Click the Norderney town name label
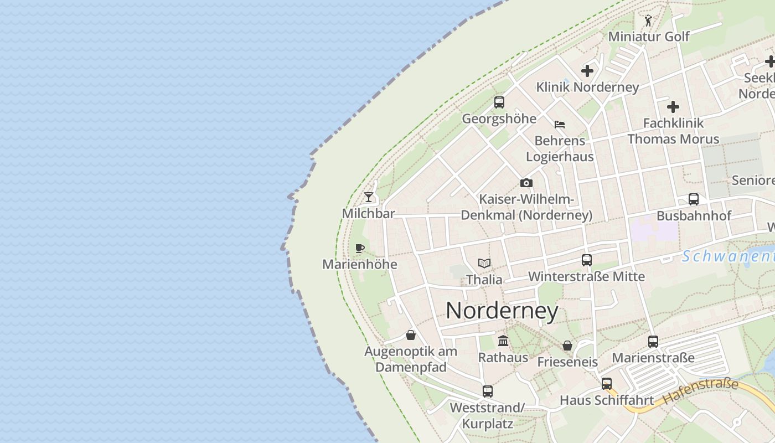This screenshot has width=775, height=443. (x=502, y=311)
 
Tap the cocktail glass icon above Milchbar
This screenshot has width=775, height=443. (x=369, y=197)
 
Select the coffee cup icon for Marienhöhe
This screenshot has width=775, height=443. (x=360, y=248)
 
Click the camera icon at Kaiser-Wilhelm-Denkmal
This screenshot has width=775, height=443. (x=526, y=183)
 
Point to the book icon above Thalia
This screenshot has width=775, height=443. (x=484, y=263)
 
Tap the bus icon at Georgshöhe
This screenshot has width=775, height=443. (x=499, y=102)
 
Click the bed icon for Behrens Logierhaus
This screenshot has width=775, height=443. (x=560, y=124)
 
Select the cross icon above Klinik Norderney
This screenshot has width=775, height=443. (x=587, y=71)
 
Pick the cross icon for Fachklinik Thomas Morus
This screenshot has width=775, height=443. (x=673, y=106)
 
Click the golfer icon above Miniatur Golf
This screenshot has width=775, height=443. (x=648, y=20)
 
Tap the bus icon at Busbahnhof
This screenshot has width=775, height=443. (x=694, y=199)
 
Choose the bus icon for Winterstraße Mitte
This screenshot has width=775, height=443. (x=587, y=260)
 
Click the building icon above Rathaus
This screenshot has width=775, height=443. (x=503, y=341)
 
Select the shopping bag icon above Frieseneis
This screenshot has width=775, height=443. (x=567, y=346)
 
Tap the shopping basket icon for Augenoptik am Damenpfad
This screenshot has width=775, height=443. (x=411, y=335)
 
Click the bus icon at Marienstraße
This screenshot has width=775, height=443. (x=653, y=341)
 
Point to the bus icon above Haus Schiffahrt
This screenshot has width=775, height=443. (x=607, y=383)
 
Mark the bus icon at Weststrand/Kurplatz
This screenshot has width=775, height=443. (x=487, y=392)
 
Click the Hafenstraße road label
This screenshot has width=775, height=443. (x=700, y=391)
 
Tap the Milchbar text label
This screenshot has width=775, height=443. (x=369, y=214)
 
